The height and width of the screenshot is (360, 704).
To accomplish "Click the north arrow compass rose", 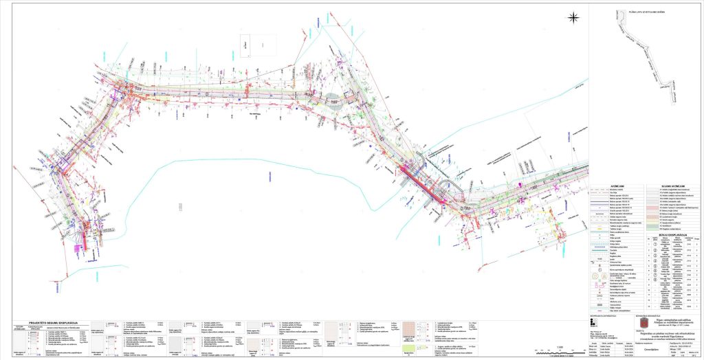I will tap(573, 17).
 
